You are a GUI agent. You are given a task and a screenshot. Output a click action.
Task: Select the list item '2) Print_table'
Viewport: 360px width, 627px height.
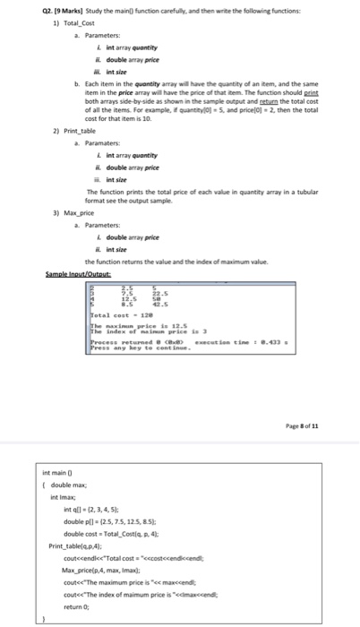[x=47, y=130]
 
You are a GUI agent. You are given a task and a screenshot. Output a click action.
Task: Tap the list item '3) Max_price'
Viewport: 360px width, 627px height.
[x=46, y=214]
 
